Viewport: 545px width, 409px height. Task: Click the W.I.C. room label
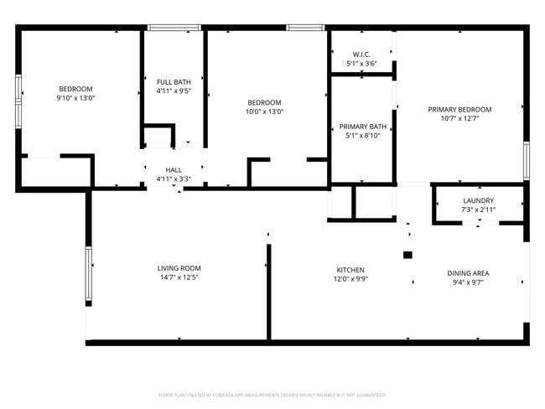[x=361, y=54]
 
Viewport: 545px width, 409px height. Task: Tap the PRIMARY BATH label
[x=361, y=126]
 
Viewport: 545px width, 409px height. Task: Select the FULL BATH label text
[x=174, y=81]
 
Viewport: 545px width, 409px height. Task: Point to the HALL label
[x=174, y=169]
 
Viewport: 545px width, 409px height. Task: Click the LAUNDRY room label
[x=478, y=200]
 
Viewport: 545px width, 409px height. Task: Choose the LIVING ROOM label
[x=179, y=268]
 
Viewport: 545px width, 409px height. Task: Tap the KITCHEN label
[x=350, y=270]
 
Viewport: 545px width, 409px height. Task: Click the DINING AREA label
[x=468, y=273]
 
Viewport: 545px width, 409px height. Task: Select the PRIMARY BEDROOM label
[x=459, y=109]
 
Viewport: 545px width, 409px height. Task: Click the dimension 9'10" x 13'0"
[x=75, y=98]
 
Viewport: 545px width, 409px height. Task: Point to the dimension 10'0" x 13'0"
[x=264, y=111]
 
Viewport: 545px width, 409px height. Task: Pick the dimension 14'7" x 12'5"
[x=179, y=277]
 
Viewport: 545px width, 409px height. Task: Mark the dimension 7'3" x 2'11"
[x=478, y=210]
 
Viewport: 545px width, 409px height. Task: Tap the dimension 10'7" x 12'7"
[x=459, y=118]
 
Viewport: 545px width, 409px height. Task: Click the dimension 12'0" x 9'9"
[x=350, y=279]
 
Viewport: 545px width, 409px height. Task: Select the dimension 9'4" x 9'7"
[x=468, y=282]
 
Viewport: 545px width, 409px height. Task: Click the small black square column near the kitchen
[x=407, y=255]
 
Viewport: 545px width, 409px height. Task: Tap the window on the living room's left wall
[x=87, y=274]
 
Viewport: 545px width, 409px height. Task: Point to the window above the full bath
[x=174, y=28]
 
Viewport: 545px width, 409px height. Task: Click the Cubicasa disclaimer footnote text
[x=272, y=394]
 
